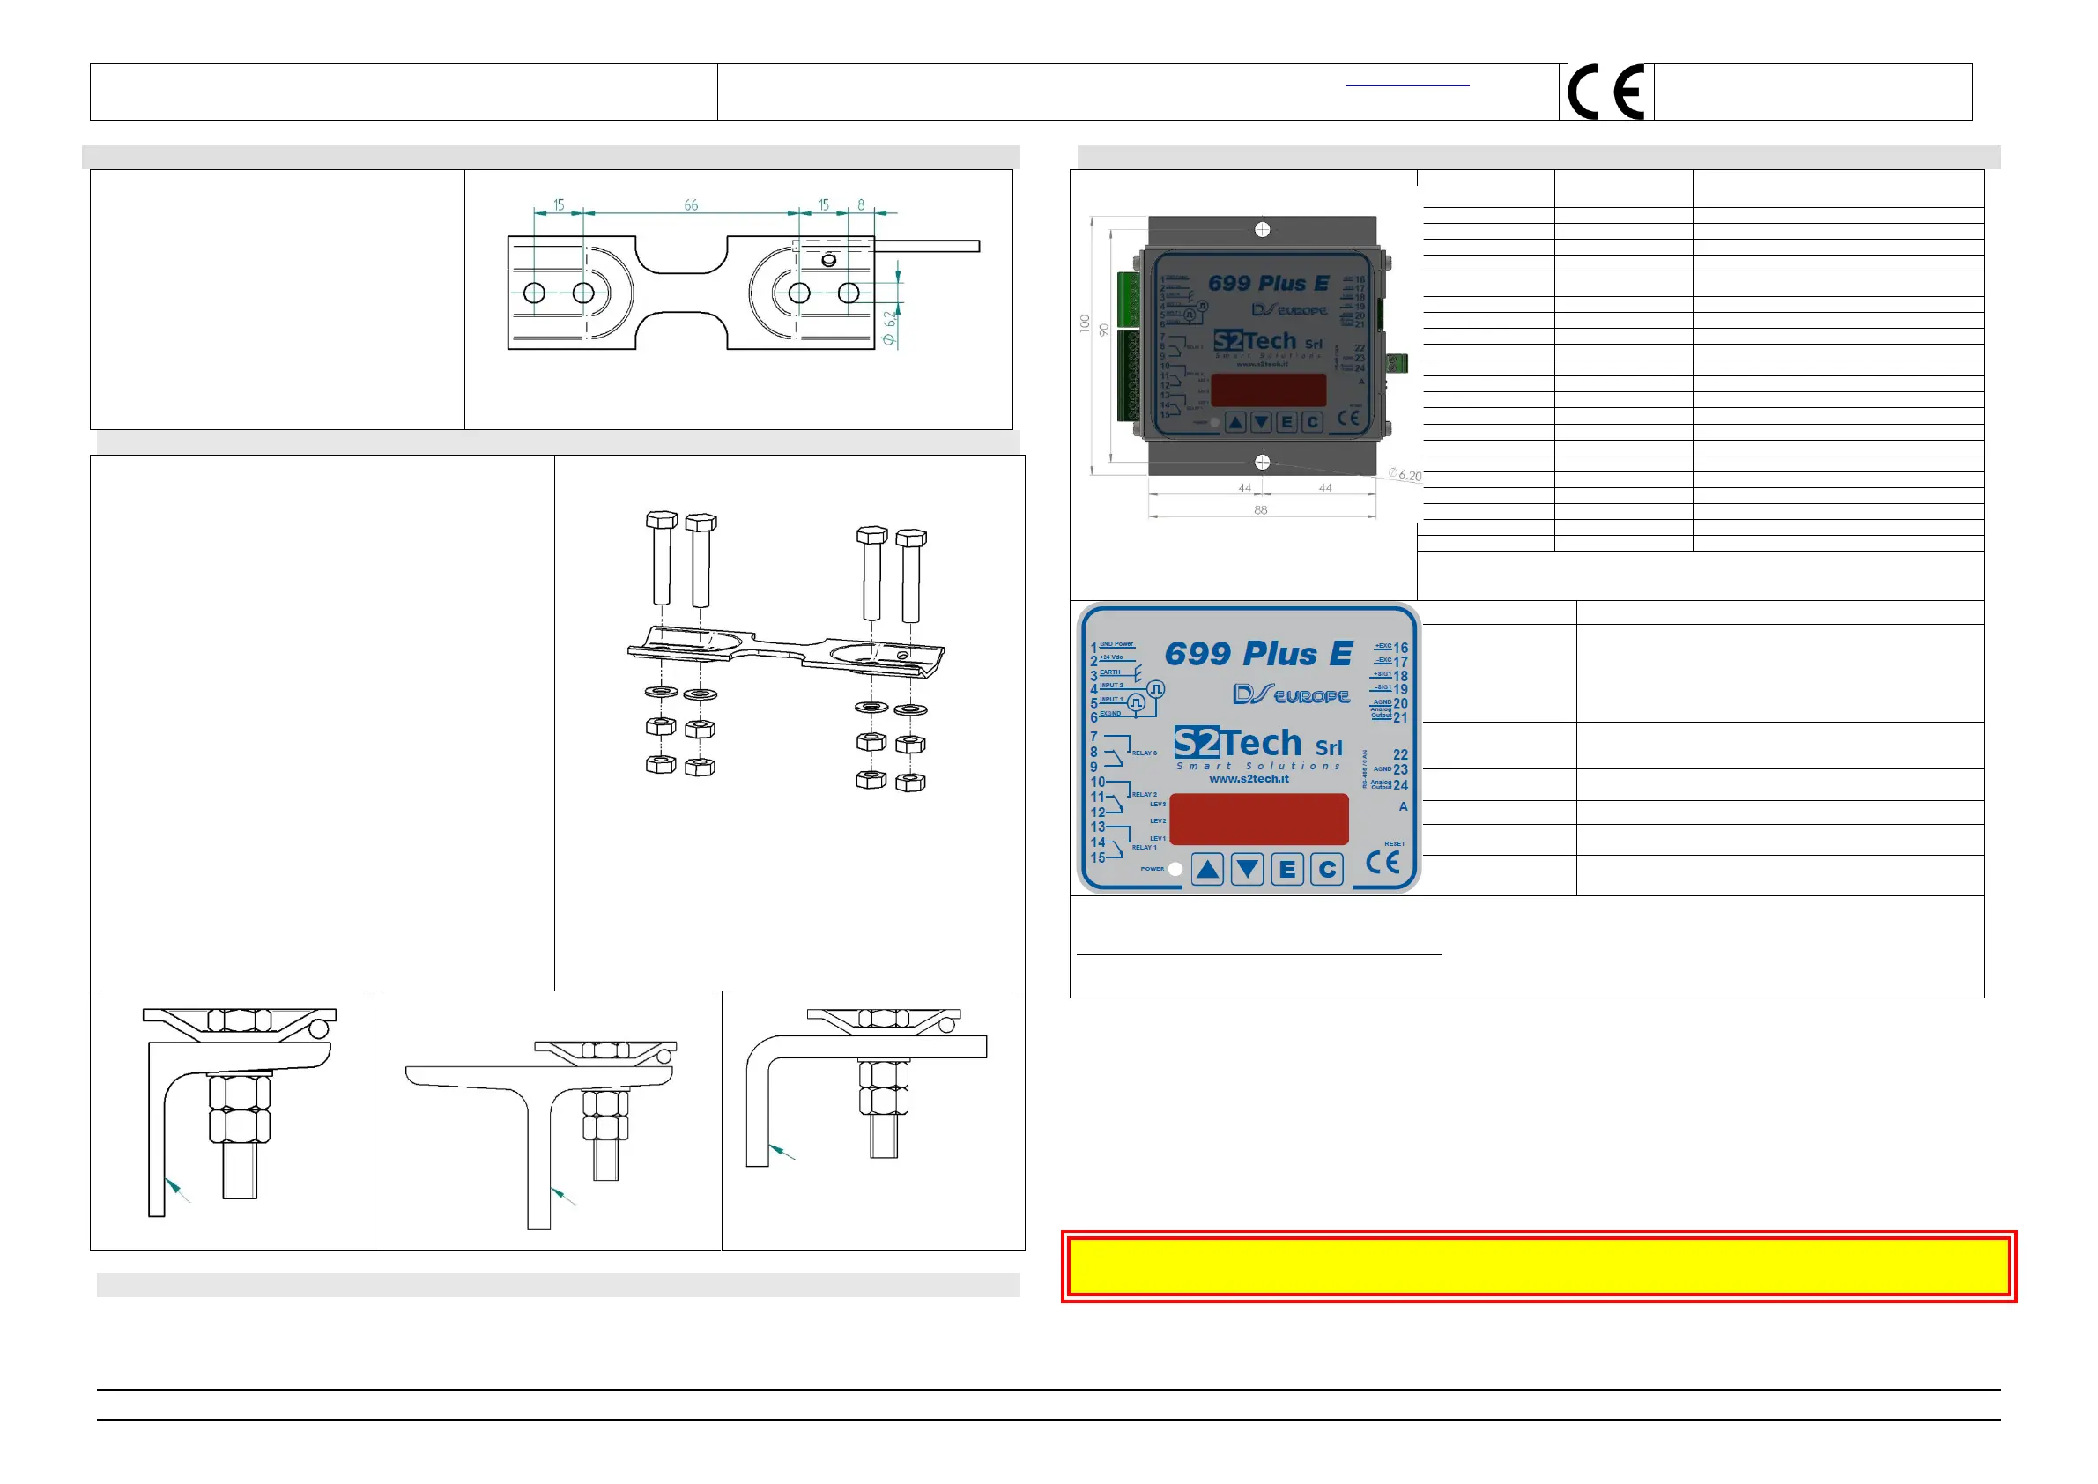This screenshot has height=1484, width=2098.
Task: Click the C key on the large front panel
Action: (1327, 869)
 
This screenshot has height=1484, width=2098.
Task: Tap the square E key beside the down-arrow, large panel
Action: (1286, 869)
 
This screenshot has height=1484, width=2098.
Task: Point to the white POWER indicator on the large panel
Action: (1175, 870)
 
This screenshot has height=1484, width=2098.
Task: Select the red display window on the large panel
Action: (1258, 819)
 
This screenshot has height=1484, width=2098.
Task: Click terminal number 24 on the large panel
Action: (1400, 785)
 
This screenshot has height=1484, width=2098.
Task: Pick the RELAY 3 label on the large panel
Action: (1144, 753)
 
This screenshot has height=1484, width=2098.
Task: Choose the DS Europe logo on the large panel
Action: (1290, 695)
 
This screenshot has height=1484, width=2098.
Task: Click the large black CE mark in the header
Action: (1605, 93)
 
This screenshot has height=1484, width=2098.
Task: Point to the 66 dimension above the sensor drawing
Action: (691, 204)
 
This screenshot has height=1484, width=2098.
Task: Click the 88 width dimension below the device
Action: (1260, 510)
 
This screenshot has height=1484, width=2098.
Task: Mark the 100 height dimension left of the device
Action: (1085, 323)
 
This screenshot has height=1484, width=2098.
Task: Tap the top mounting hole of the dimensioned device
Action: (1262, 229)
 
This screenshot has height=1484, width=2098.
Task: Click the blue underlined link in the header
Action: (1407, 85)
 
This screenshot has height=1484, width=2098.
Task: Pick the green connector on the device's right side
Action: (1397, 363)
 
